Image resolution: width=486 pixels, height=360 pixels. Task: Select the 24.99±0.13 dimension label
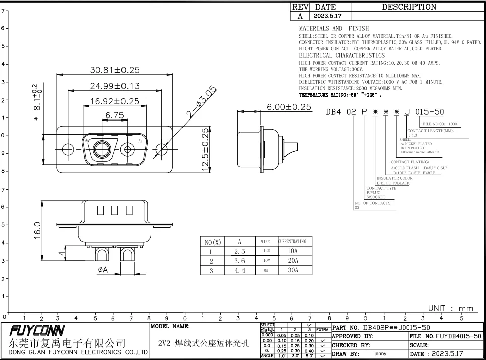(x=114, y=86)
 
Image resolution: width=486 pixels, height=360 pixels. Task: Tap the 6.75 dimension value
(x=114, y=116)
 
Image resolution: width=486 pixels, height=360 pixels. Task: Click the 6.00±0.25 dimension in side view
(x=289, y=107)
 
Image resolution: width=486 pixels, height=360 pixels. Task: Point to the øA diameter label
(x=103, y=270)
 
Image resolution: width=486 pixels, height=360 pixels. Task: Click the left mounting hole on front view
(x=68, y=149)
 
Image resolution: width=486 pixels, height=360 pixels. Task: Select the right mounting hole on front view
(x=161, y=149)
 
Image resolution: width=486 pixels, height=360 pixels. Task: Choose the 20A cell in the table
(x=292, y=261)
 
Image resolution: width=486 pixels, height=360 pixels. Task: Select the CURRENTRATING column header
(x=292, y=242)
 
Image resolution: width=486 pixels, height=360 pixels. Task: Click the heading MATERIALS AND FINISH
(x=334, y=29)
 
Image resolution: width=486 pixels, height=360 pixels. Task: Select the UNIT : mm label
(x=450, y=308)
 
